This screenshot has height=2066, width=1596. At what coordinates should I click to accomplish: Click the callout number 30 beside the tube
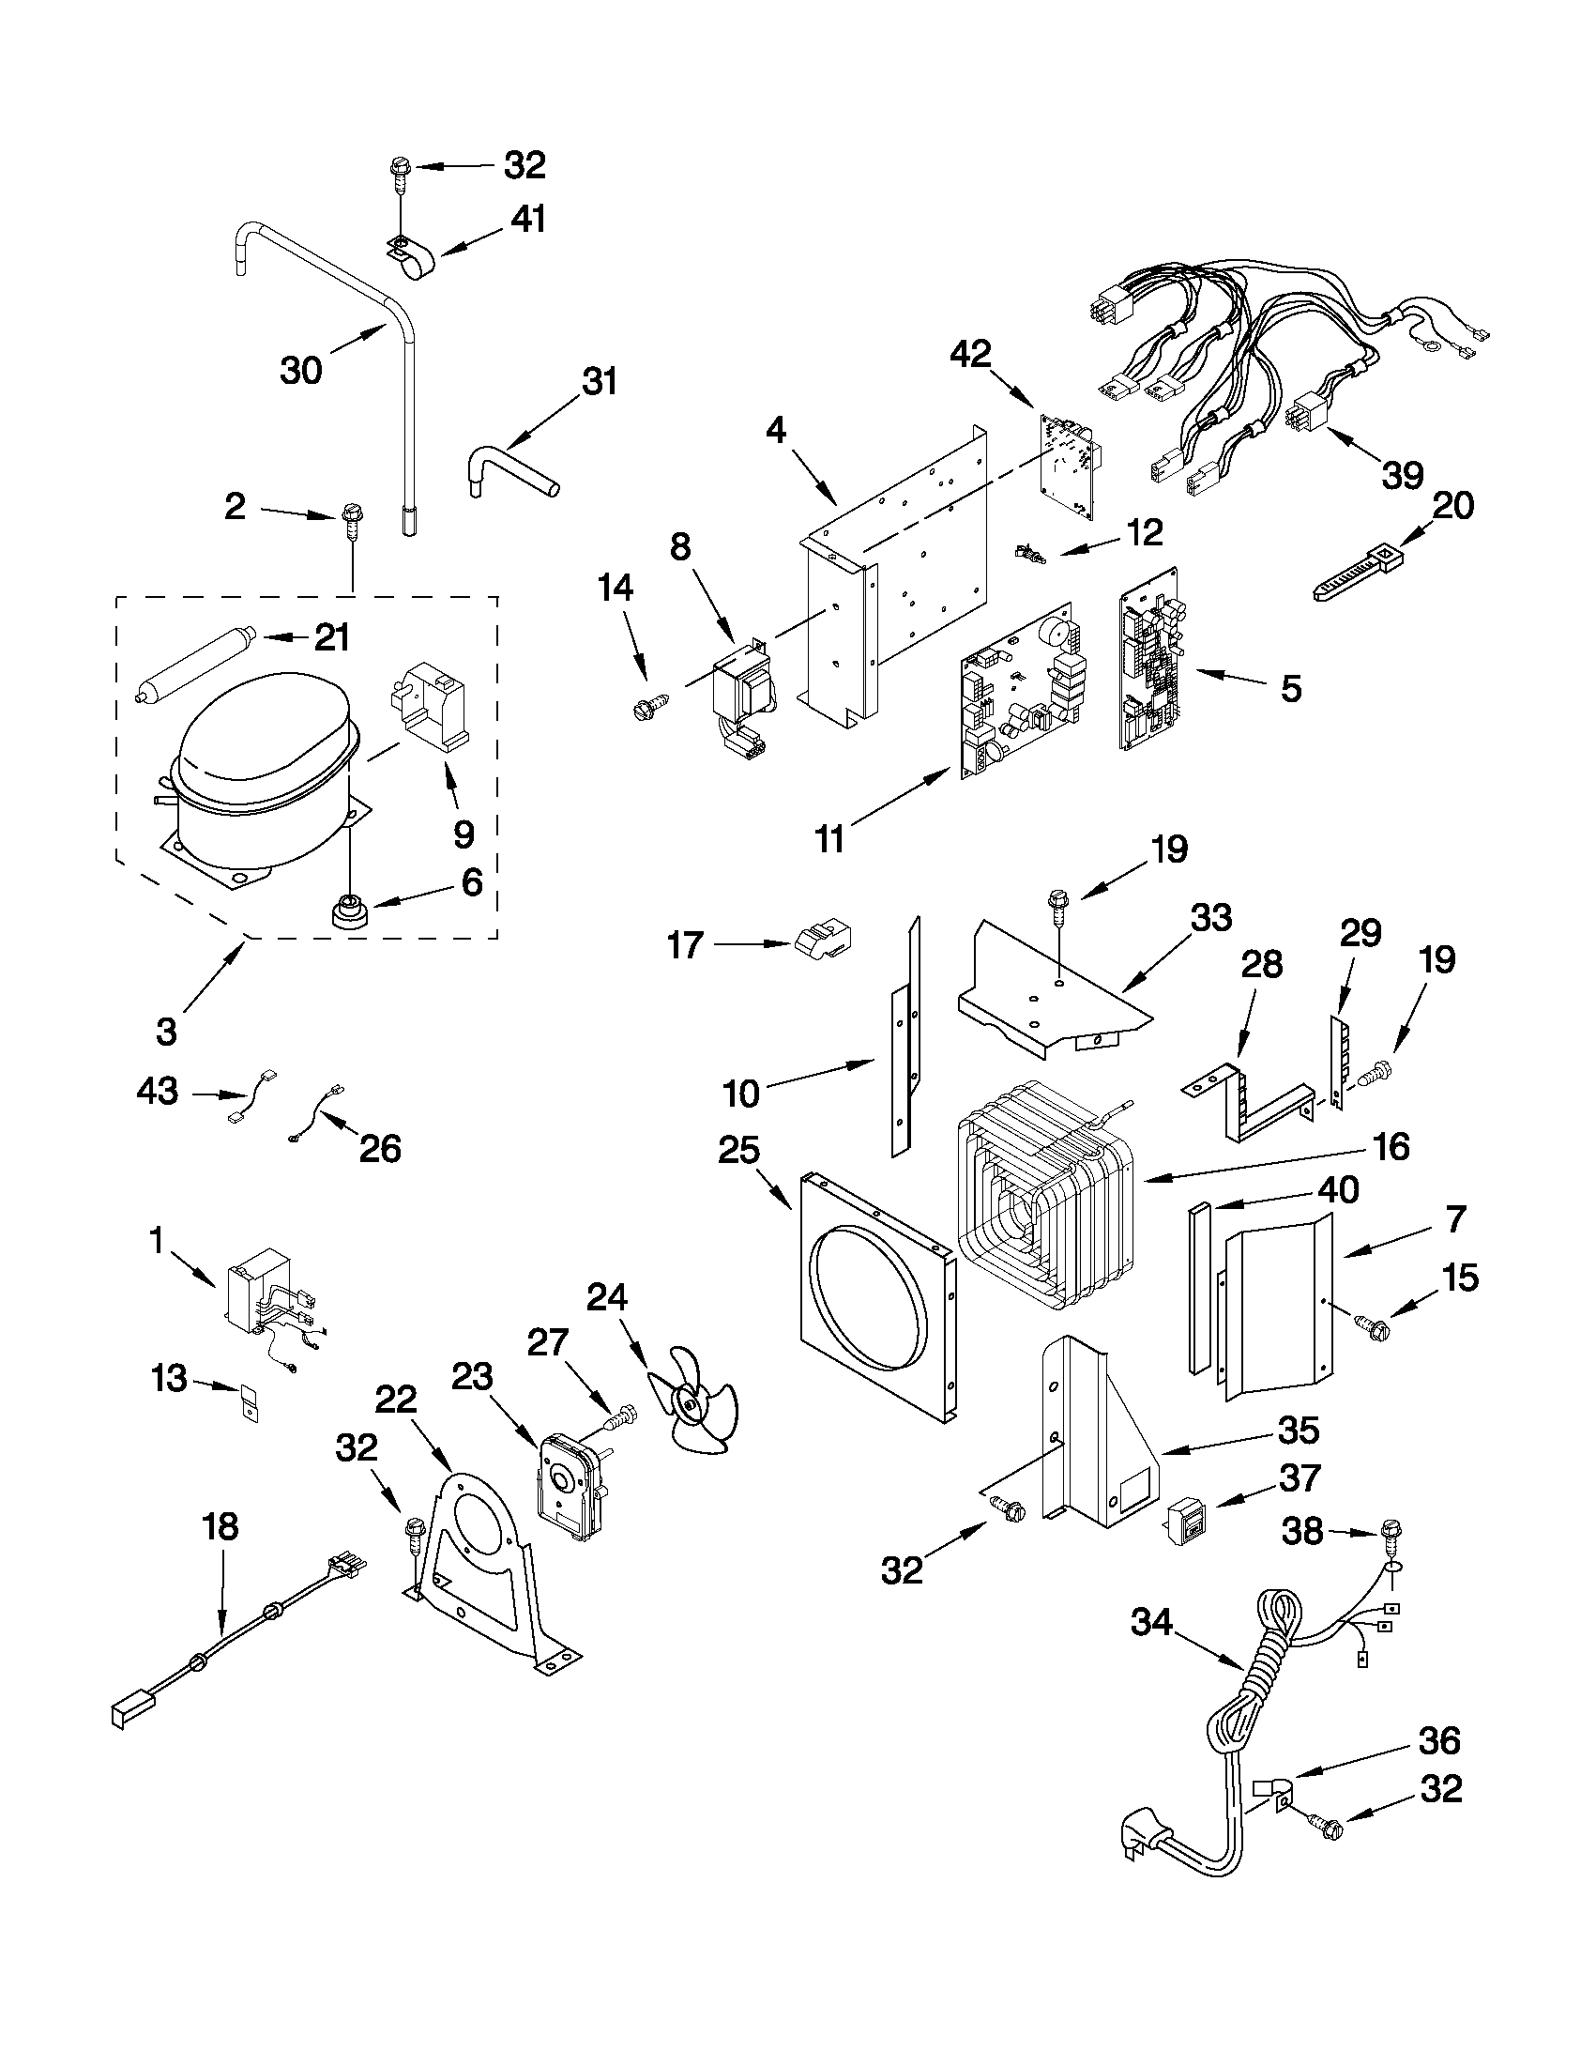[x=300, y=370]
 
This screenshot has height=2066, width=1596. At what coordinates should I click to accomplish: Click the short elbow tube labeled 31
[x=511, y=471]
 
